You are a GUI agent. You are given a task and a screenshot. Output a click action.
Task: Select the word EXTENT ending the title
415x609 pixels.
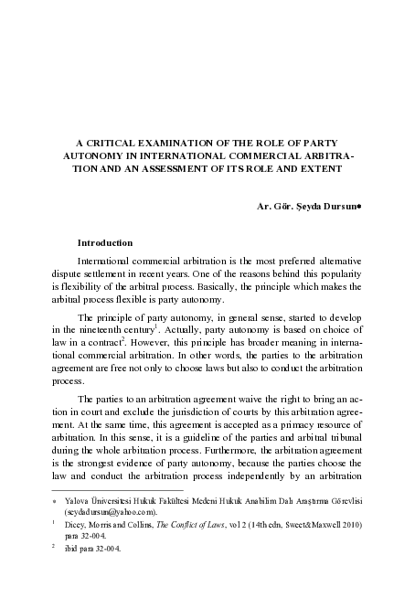[314, 171]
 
